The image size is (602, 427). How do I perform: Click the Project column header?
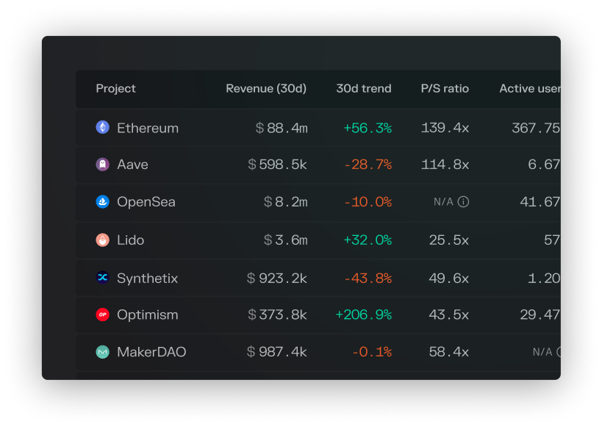(115, 89)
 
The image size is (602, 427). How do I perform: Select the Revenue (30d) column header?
(266, 89)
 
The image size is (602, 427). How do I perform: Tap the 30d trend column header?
(364, 89)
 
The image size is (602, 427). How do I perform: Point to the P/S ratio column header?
(445, 89)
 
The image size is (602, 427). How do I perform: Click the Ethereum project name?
(148, 128)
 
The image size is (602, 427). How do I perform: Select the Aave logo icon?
(102, 165)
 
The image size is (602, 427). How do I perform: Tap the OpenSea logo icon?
(102, 202)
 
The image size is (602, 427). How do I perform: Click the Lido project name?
(131, 240)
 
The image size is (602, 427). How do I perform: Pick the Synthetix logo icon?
(102, 278)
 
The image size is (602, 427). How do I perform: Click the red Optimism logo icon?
(102, 315)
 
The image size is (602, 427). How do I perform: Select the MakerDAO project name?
(151, 352)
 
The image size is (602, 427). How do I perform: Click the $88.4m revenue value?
(282, 128)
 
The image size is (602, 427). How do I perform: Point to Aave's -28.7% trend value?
(368, 165)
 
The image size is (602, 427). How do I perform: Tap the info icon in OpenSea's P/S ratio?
(463, 202)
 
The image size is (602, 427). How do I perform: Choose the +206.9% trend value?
(363, 315)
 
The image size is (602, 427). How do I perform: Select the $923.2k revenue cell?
(277, 278)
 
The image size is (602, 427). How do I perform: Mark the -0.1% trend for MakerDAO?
(371, 352)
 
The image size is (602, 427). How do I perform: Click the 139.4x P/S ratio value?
(445, 128)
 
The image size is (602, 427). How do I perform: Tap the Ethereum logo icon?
(102, 127)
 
